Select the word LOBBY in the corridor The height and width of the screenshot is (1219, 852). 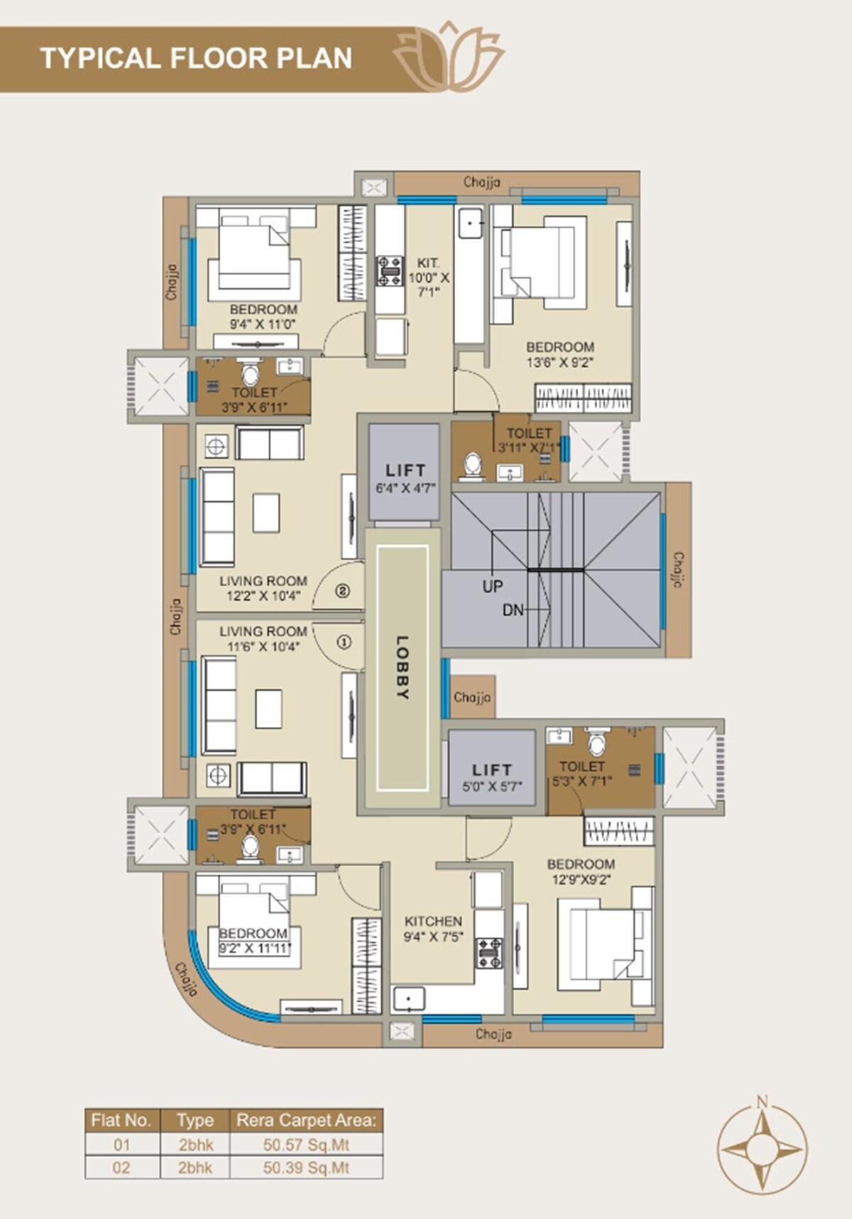(403, 668)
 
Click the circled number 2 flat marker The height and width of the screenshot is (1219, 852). (342, 590)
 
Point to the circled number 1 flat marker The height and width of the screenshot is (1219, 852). (344, 642)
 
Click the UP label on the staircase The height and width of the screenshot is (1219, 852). (493, 586)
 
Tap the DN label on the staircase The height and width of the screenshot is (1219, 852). (513, 610)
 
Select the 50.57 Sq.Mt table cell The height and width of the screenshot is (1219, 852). (306, 1144)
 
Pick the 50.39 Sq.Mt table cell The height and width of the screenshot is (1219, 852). (306, 1168)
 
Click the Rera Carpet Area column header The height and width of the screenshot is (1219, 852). (306, 1120)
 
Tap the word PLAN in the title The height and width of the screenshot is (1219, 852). (315, 58)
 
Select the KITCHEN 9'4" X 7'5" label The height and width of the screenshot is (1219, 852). (433, 929)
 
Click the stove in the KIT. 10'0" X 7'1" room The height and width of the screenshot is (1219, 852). (389, 270)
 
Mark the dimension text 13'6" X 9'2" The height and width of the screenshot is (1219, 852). (559, 362)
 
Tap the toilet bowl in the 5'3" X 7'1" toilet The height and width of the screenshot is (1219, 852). (597, 743)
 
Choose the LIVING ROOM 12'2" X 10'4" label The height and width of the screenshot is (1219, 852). (263, 589)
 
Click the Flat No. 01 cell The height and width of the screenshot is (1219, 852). (122, 1144)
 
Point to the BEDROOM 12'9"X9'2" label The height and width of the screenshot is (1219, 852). (581, 872)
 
